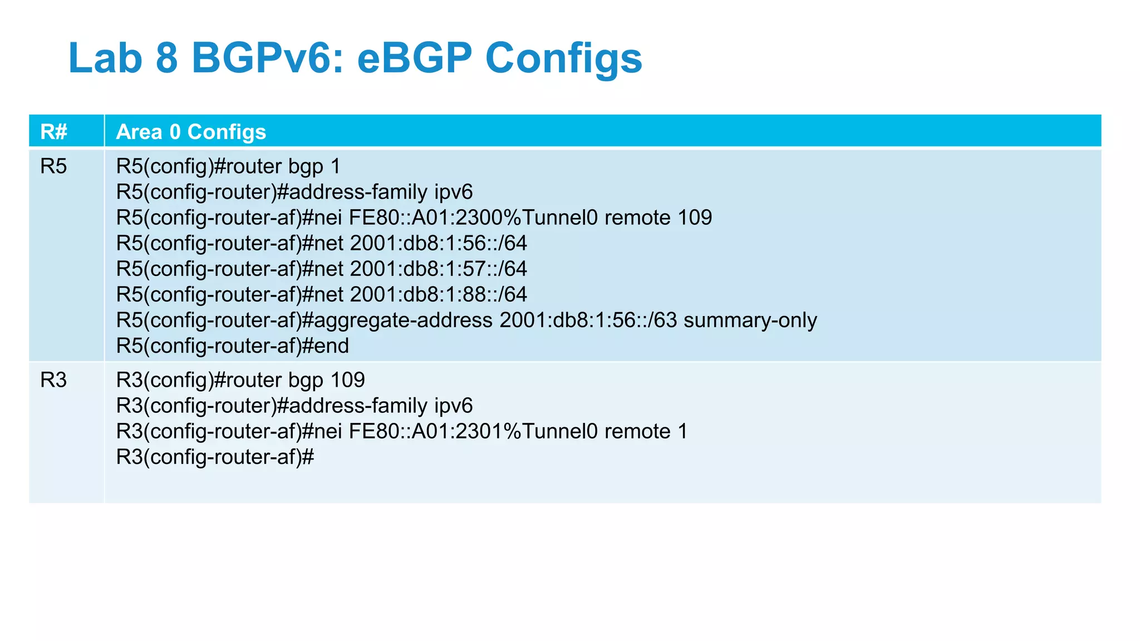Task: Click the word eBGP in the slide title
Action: point(414,58)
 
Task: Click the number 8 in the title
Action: point(166,58)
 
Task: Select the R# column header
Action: point(53,132)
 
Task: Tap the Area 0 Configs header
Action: point(191,132)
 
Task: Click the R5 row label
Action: point(53,166)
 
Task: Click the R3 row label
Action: point(53,380)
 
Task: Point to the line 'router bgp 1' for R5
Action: point(228,166)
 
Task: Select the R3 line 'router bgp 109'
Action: point(240,380)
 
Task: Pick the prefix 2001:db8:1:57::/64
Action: point(439,269)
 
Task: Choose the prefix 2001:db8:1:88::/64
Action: point(439,294)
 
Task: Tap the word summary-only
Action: point(750,320)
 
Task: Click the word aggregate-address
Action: point(404,320)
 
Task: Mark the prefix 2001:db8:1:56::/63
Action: point(588,320)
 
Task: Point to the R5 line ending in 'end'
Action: point(232,346)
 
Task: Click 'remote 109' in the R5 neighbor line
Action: point(658,218)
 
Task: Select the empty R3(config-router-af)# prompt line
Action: point(215,457)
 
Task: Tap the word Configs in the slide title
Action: point(564,58)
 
